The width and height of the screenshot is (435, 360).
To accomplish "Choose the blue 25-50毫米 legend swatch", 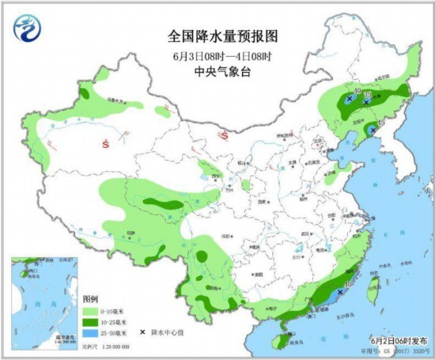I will pyautogui.click(x=89, y=335).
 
